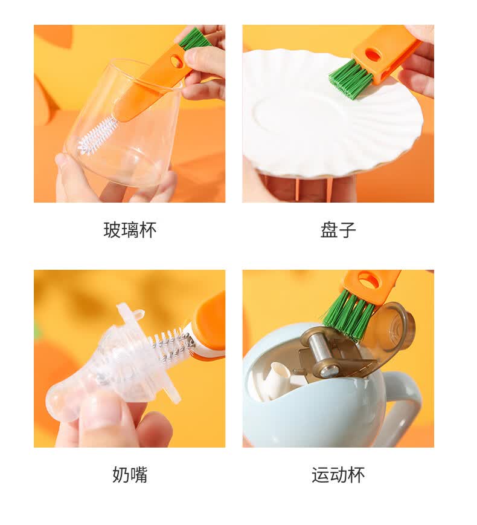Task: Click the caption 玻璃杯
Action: point(130,230)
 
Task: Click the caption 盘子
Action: point(338,230)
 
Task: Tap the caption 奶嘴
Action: point(130,475)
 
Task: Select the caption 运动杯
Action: point(338,475)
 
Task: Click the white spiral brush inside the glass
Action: point(97,135)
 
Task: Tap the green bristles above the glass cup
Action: point(194,39)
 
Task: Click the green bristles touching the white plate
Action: point(350,79)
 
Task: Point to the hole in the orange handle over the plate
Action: point(373,55)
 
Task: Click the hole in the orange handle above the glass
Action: point(177,61)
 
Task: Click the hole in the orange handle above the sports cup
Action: point(368,280)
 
